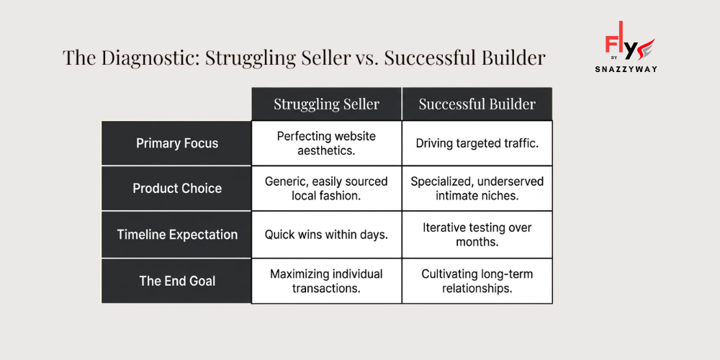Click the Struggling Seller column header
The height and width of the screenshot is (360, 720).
click(326, 104)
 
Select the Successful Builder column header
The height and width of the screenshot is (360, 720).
click(477, 104)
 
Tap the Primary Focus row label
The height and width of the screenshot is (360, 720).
click(176, 143)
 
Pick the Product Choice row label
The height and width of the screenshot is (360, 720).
click(176, 189)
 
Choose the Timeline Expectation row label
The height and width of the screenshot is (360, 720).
click(176, 235)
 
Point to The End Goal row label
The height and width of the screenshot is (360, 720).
click(176, 281)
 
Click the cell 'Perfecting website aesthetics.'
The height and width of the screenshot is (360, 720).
click(326, 143)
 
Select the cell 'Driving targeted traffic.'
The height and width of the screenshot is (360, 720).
click(477, 143)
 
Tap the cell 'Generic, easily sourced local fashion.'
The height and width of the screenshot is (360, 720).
click(326, 189)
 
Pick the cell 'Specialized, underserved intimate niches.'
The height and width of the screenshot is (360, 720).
click(477, 189)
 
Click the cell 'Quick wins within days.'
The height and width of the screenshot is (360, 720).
click(326, 235)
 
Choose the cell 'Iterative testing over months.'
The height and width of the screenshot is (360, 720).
click(477, 235)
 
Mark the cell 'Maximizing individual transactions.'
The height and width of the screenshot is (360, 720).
click(326, 281)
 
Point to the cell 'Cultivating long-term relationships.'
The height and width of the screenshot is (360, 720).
click(477, 281)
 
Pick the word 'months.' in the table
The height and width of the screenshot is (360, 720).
click(477, 243)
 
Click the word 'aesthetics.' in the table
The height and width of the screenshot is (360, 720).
click(326, 151)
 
